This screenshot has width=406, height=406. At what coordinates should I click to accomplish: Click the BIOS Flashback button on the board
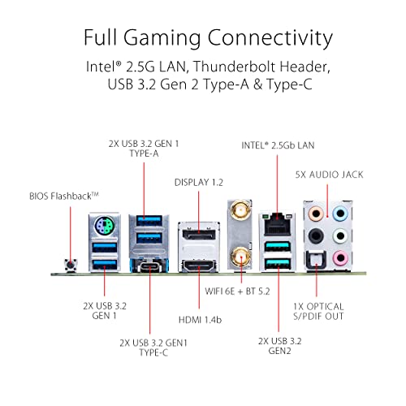(71, 265)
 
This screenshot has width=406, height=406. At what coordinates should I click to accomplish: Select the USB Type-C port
(149, 266)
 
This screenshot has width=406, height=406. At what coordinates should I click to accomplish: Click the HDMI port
(199, 266)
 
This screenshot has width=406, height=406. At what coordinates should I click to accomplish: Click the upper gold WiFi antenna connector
(240, 209)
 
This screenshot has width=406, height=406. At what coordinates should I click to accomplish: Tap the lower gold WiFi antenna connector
(240, 256)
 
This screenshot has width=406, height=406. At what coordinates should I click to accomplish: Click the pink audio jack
(340, 257)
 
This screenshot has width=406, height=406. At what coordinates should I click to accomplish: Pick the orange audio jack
(316, 214)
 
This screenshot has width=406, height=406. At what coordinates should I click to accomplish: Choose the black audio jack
(316, 235)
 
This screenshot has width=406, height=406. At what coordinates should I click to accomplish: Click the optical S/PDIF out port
(316, 259)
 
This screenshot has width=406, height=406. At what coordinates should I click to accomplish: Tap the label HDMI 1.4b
(200, 320)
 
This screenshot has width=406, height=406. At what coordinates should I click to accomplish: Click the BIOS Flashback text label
(64, 196)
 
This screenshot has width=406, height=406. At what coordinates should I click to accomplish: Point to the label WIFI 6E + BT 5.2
(237, 292)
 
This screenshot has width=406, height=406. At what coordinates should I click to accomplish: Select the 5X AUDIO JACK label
(329, 175)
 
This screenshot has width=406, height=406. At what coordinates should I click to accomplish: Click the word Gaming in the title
(162, 38)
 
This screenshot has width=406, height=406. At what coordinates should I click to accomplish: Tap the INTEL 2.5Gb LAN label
(278, 145)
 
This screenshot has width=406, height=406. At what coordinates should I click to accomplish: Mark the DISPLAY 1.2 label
(199, 183)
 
